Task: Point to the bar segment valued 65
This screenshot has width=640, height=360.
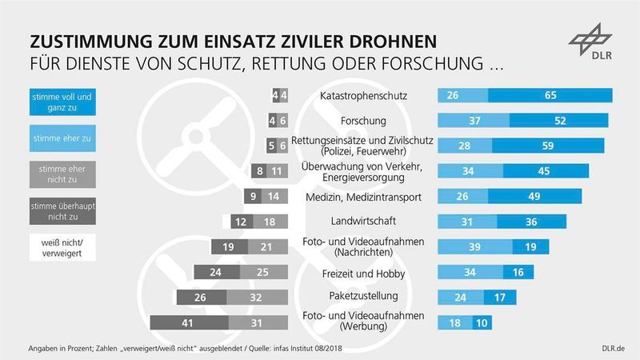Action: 550,96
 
